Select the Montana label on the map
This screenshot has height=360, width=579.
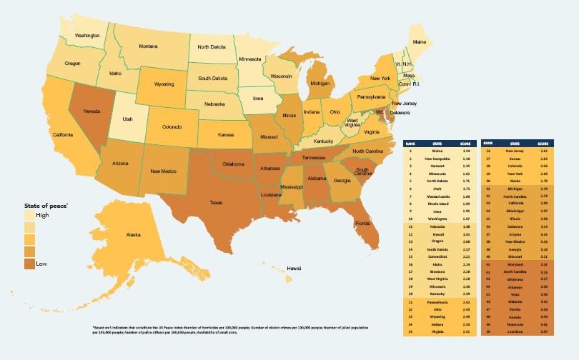[x=148, y=46]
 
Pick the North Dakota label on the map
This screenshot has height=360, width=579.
[x=212, y=47]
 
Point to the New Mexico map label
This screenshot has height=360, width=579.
[x=164, y=171]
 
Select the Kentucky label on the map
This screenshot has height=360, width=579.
[x=324, y=142]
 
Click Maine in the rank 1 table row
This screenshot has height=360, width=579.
[x=438, y=151]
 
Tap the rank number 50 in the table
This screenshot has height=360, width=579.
[x=489, y=331]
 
